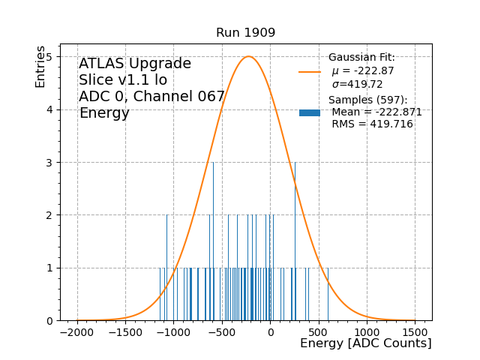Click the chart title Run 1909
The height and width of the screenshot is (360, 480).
point(245,33)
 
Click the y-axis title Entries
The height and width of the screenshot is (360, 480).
point(40,66)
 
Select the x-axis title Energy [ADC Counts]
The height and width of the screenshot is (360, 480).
point(365,343)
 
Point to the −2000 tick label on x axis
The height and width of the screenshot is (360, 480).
point(77,332)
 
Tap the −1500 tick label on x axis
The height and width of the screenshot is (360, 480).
point(125,332)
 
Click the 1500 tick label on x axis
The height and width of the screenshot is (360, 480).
point(415,332)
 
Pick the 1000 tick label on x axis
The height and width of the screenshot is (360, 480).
point(367,332)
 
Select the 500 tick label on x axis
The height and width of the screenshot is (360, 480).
point(319,332)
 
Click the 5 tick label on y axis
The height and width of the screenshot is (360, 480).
point(49,57)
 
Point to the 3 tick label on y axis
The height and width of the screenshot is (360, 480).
point(49,162)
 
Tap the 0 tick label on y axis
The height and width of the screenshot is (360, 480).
point(49,320)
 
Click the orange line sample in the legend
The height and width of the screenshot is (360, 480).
point(310,71)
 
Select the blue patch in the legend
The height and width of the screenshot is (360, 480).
point(310,112)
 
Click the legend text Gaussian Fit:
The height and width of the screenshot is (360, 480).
point(361,58)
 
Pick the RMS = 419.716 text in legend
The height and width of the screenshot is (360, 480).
point(372,124)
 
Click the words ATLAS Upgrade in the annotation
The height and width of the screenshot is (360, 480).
point(135,64)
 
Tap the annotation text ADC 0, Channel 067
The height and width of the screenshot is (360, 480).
point(151,97)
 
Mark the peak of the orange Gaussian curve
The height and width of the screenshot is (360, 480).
point(249,56)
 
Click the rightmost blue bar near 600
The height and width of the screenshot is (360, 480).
point(328,294)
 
